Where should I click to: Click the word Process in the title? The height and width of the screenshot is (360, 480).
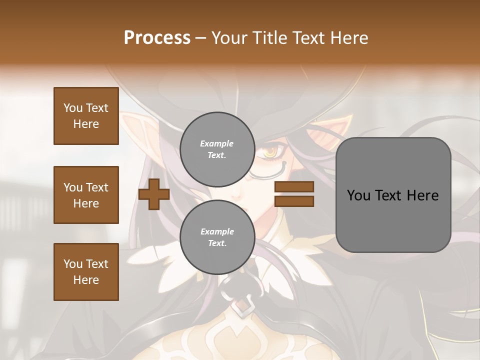(157, 38)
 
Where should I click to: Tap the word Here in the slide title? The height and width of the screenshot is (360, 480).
(347, 38)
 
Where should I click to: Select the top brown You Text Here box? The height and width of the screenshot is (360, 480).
(86, 116)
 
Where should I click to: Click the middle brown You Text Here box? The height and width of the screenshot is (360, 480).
(86, 195)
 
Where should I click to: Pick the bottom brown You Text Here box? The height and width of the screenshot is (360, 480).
(86, 271)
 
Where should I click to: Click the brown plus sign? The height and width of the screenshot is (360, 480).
(154, 194)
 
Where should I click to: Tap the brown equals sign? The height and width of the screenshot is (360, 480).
(294, 194)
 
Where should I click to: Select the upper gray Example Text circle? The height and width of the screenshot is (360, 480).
(217, 149)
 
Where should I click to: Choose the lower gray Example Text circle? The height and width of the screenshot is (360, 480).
(217, 237)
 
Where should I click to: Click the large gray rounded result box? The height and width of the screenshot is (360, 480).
(393, 195)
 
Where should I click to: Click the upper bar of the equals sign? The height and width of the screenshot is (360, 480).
(294, 187)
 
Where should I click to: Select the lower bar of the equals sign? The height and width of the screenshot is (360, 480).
(294, 201)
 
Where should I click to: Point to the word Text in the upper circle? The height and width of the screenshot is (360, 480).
(217, 155)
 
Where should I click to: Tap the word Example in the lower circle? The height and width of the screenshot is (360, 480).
(217, 231)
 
